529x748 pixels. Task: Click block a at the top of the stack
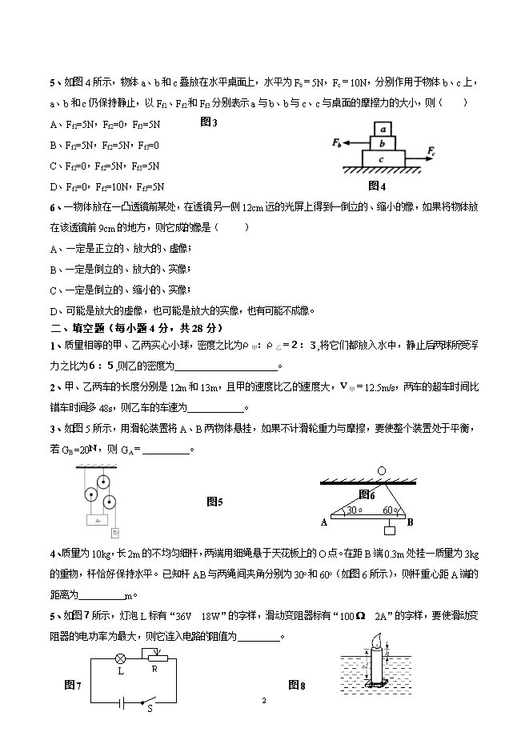tap(383, 129)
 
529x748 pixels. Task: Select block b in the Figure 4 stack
tap(383, 143)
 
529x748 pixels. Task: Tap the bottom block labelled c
tap(383, 158)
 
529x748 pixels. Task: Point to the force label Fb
tap(336, 142)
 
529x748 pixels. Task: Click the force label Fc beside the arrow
tap(431, 150)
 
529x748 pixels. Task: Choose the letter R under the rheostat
tap(154, 669)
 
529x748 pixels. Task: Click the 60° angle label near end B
tap(390, 510)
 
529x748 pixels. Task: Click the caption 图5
tap(214, 502)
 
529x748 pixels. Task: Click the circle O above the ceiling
tap(381, 471)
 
